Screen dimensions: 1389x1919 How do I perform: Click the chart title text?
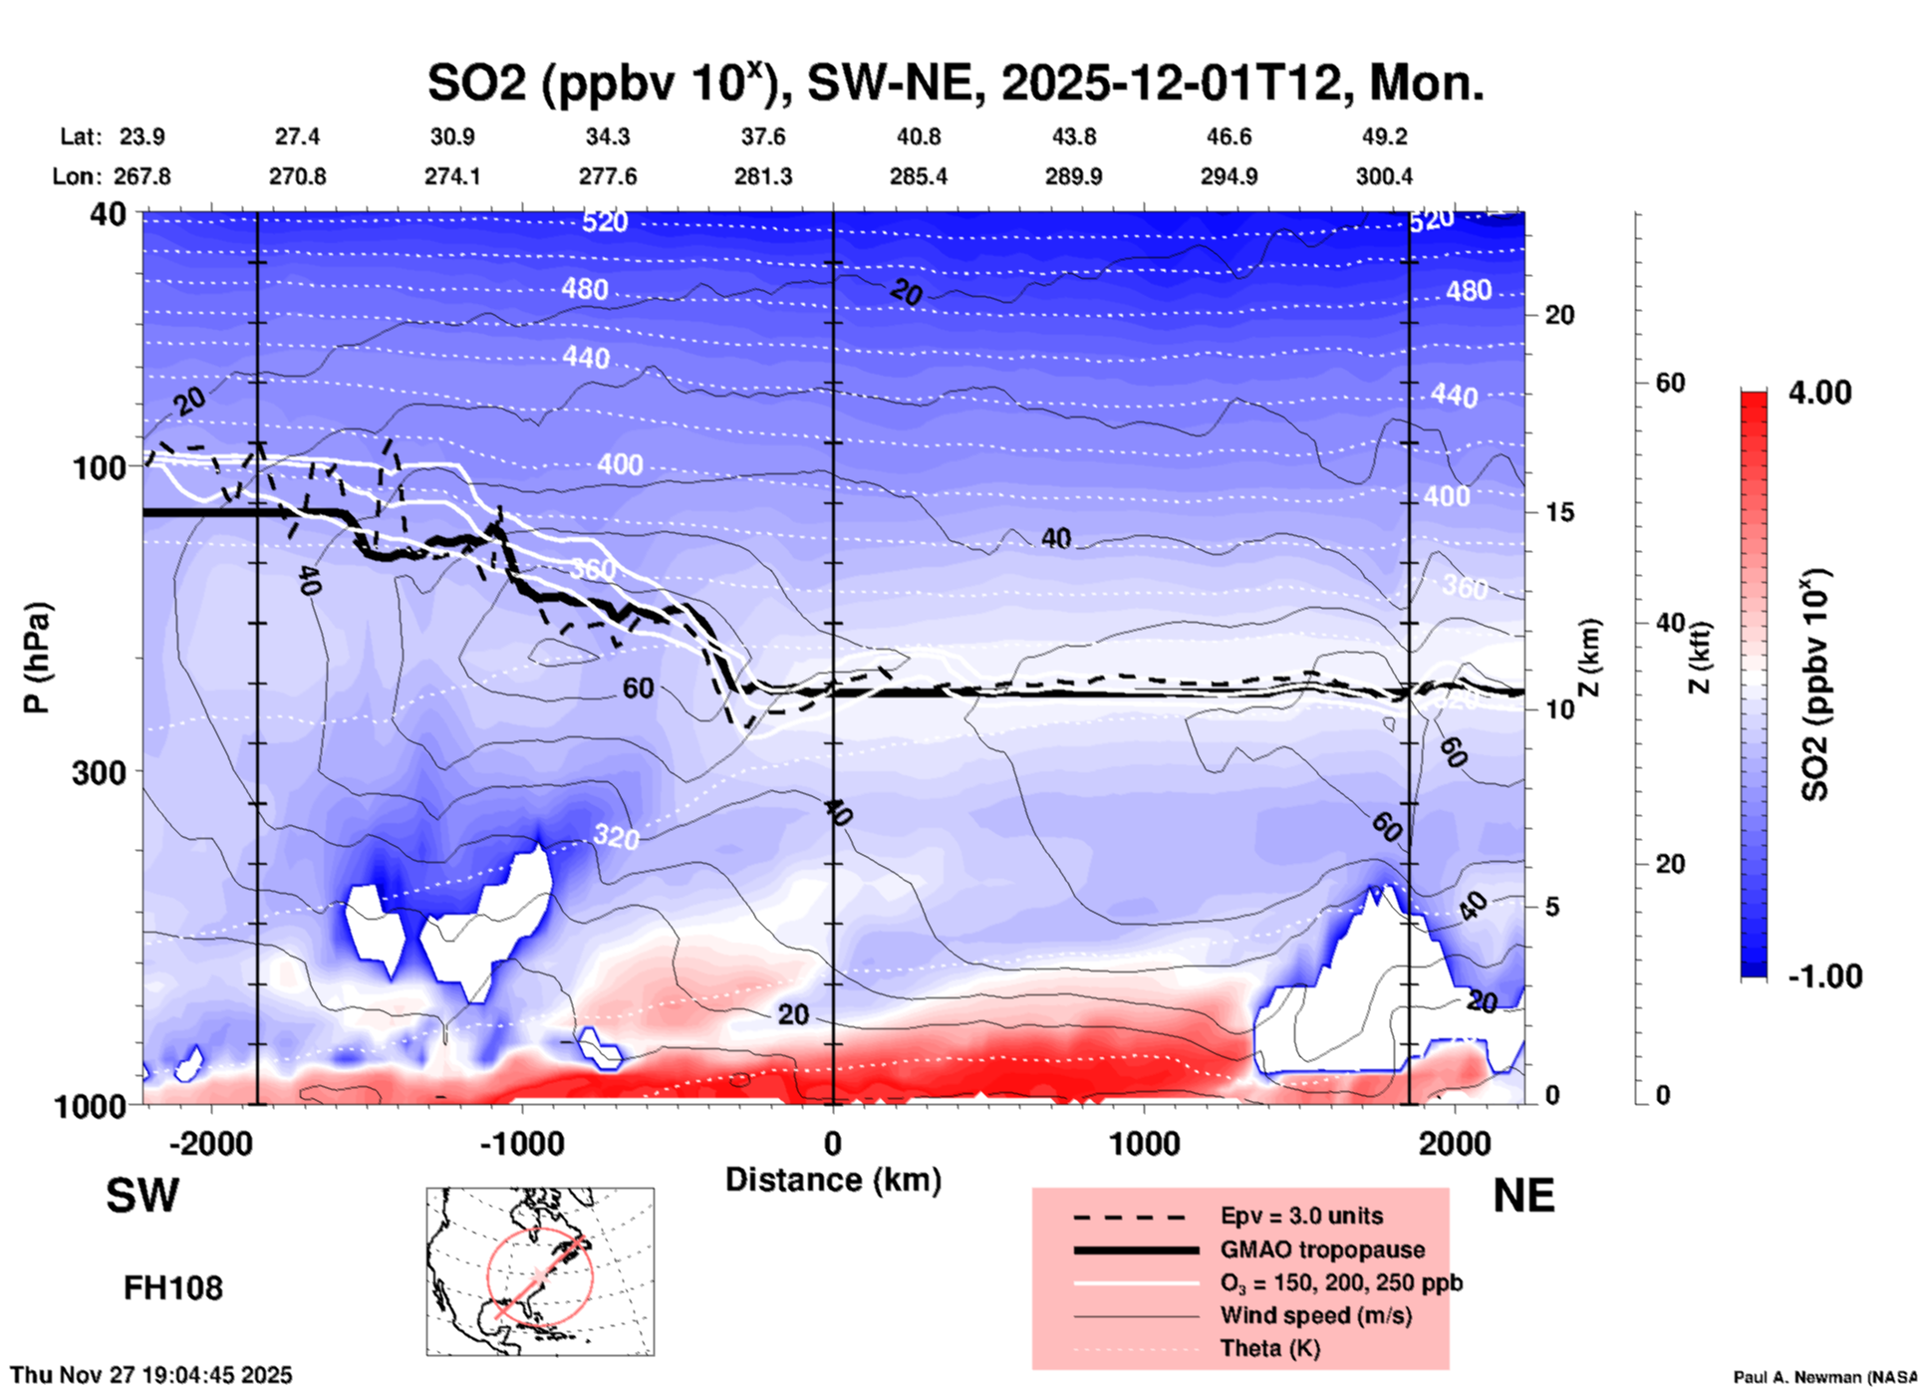(955, 83)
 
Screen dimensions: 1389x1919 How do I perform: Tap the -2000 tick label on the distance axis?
(210, 1143)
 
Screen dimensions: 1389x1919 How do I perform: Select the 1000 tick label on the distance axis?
(1144, 1143)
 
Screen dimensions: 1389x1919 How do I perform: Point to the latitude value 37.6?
(762, 137)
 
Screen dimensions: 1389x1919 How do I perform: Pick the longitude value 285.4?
(918, 176)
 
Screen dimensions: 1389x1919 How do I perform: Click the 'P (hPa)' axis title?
(37, 658)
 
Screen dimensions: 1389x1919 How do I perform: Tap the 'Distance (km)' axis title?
(833, 1180)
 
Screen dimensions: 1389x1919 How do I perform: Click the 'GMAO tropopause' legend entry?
(1322, 1250)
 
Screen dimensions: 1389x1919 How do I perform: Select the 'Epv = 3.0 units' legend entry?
(1301, 1216)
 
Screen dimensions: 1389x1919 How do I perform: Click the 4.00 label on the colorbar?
(1819, 393)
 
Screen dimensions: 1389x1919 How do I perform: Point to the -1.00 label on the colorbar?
(1823, 976)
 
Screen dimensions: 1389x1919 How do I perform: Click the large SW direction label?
(142, 1196)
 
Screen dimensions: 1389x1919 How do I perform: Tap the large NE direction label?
(1523, 1196)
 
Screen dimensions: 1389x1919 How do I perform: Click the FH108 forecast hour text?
(173, 1288)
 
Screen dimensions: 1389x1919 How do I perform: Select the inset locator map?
(540, 1271)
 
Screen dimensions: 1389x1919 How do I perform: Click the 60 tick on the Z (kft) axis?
(1671, 383)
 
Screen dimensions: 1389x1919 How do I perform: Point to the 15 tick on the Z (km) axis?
(1559, 512)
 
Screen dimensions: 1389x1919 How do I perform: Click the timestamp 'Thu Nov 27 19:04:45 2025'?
(151, 1375)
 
